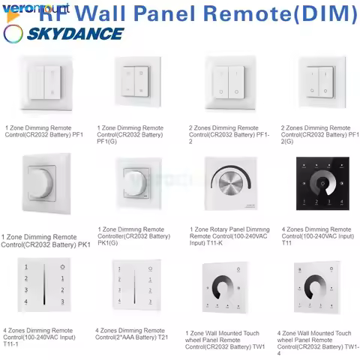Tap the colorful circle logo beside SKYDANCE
pyautogui.click(x=13, y=34)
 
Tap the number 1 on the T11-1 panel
pyautogui.click(x=26, y=268)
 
